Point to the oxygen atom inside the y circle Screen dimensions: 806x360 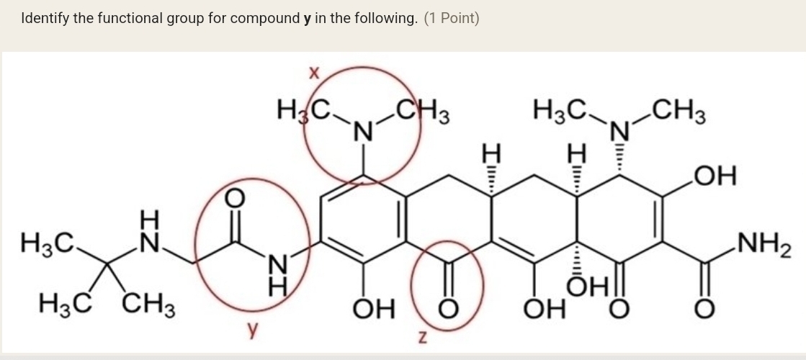234,198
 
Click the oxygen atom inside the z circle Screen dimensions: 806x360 448,308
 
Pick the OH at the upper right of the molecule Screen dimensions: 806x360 715,176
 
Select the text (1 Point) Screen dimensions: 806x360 452,19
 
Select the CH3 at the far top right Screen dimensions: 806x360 679,109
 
